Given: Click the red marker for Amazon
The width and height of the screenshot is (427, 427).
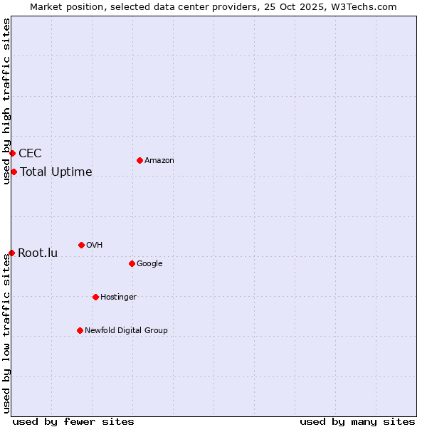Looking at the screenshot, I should coord(139,160).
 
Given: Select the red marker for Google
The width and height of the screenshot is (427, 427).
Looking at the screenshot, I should coord(132,263).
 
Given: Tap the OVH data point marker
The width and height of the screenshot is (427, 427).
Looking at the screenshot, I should coord(81,245).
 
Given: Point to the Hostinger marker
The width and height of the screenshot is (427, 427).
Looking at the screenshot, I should coord(95,297).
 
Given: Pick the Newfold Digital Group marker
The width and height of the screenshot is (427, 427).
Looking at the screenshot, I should coord(80,330).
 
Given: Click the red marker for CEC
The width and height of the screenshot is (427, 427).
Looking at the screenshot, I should coord(12,153).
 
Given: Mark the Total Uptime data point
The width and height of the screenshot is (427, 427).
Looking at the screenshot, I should coord(14,172).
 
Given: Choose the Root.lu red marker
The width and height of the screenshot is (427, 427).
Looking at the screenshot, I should coord(11,253).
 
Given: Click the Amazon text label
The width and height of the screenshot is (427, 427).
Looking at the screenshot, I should coord(159,160).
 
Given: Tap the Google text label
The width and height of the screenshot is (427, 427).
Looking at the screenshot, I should coord(149,263).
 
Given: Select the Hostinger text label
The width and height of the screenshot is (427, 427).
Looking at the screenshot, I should coord(118,297).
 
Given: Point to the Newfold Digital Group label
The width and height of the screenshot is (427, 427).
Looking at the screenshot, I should coord(126,330).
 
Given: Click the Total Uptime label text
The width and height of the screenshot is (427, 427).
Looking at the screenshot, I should coord(56,172).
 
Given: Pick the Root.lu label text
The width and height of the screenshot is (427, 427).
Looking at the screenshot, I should coord(38,253).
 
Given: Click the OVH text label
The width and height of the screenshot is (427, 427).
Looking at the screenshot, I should coord(95,245).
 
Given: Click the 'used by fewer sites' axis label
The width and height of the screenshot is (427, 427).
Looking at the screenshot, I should coord(73,421).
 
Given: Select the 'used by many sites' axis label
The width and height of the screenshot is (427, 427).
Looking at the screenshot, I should coord(357,421).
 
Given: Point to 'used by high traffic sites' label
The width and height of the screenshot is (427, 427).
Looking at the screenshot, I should coord(6,101).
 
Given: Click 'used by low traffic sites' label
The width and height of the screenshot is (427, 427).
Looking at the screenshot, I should coord(6,333).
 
